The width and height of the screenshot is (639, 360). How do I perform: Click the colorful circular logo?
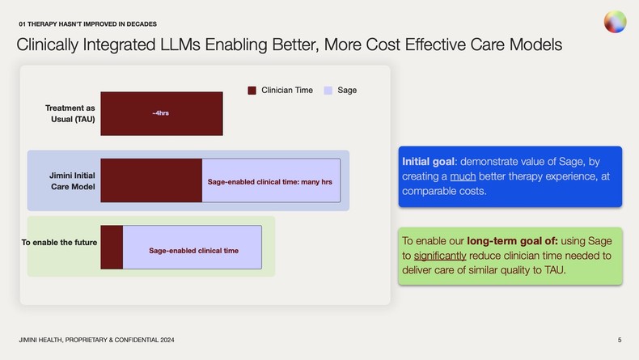tap(615, 22)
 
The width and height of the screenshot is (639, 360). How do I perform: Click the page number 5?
tap(619, 339)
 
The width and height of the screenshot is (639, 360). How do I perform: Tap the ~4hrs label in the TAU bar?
tap(160, 112)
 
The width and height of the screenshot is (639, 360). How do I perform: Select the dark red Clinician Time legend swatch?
tap(252, 91)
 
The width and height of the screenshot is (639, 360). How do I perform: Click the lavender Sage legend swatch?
tap(328, 91)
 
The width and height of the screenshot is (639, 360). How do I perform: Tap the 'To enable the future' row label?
tap(59, 242)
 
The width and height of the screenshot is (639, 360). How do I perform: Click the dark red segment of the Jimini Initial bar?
tap(150, 180)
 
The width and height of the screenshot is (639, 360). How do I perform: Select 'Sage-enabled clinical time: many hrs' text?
tap(269, 182)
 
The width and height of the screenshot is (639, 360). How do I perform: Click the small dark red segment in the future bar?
tap(112, 247)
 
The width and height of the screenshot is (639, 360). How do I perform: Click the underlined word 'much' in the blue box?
tap(463, 176)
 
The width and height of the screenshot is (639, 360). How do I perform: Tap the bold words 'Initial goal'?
tap(429, 161)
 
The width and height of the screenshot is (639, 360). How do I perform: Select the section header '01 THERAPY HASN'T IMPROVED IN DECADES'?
tap(87, 23)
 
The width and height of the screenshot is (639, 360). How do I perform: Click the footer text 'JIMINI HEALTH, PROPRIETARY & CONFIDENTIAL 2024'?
tap(96, 339)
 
